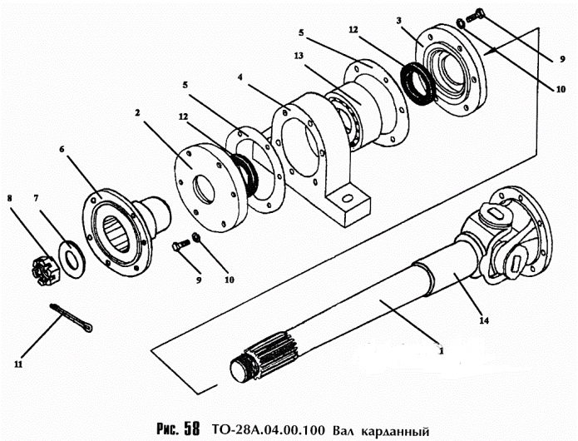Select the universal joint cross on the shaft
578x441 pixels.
point(499,235)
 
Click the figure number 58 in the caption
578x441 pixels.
point(190,430)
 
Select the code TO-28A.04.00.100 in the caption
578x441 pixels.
point(267,431)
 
